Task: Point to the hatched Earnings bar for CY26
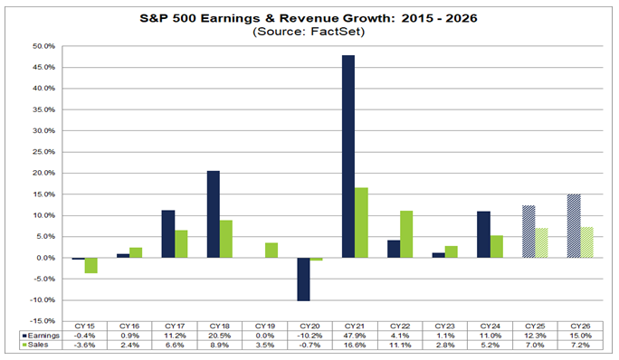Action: [x=573, y=226]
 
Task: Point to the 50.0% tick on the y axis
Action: [x=43, y=46]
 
